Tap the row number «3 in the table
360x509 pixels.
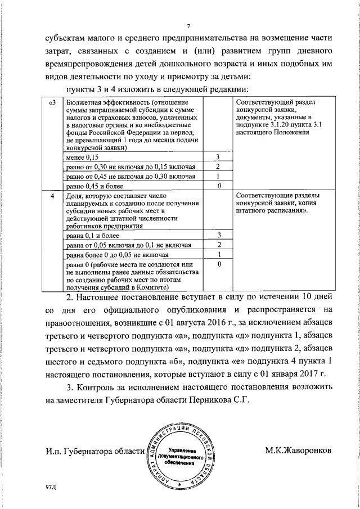[52, 103]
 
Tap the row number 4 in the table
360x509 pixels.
[52, 196]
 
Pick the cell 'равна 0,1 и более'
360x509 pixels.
[89, 235]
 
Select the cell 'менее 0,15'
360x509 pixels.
[83, 157]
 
